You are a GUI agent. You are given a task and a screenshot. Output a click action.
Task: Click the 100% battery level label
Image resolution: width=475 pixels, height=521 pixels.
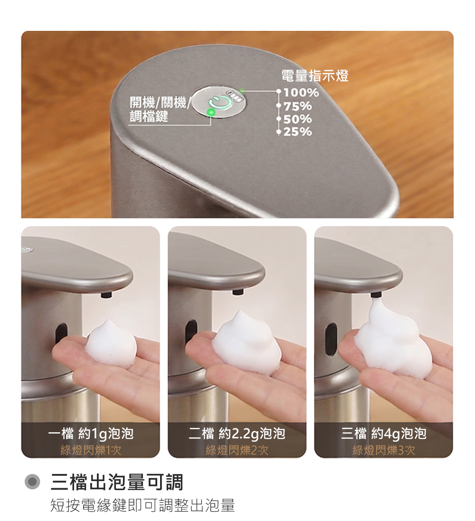coord(301,92)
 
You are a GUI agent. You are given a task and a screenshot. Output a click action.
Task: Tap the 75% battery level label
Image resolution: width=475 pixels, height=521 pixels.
coord(297,106)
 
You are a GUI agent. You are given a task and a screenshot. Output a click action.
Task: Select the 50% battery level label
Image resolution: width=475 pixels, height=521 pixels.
coord(297,119)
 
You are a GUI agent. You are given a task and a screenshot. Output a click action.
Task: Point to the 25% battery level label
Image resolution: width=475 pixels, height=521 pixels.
coord(297,132)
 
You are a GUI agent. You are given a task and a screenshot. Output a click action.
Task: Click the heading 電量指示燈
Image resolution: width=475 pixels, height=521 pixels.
coord(315,76)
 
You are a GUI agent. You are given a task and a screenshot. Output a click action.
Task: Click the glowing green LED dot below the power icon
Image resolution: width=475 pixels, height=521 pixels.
coord(211,112)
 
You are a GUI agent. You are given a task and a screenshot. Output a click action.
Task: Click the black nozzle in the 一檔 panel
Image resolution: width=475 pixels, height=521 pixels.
coord(106,294)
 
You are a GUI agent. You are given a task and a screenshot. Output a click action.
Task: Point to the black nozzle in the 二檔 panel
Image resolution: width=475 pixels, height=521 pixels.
coord(238,292)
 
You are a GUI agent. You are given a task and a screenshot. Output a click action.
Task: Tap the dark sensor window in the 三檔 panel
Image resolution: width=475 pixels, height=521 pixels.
coord(331,339)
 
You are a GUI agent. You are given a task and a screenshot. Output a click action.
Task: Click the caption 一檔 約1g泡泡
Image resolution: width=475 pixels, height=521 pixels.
coord(91,433)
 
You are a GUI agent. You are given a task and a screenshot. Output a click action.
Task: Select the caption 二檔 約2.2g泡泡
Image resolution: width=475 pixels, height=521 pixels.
coord(237,433)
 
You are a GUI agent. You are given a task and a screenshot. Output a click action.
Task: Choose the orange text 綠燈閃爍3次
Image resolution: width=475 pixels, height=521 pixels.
coord(384,450)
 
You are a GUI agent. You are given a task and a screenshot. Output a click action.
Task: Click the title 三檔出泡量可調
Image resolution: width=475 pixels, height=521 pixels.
coord(117,482)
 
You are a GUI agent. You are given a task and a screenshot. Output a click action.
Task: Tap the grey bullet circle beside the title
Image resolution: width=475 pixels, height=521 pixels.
coord(32,482)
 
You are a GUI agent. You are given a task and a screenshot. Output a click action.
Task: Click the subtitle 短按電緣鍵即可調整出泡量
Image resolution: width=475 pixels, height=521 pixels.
coord(142,505)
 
